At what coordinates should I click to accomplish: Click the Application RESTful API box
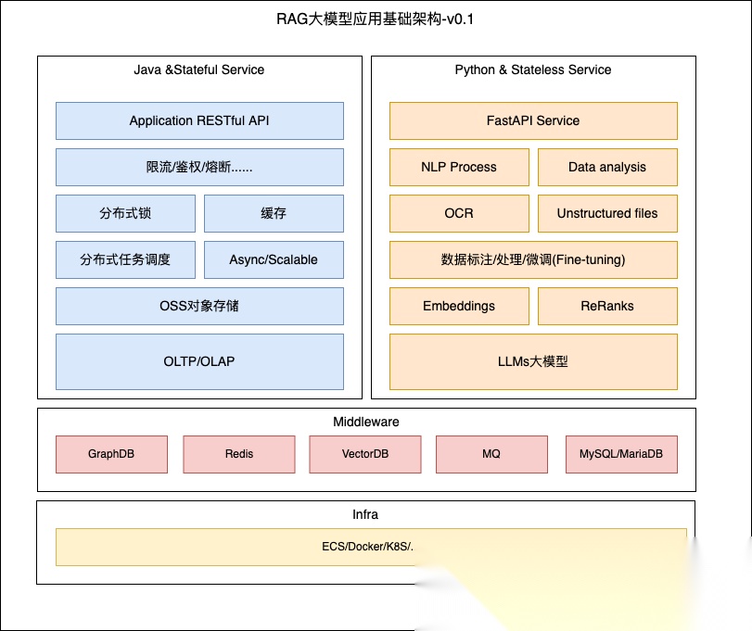[x=199, y=120]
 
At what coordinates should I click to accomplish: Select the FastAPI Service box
[x=533, y=120]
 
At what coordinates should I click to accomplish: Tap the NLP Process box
[x=459, y=167]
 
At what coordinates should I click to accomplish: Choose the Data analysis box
[x=607, y=167]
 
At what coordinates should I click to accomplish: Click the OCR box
[x=459, y=213]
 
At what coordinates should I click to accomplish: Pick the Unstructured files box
[x=607, y=213]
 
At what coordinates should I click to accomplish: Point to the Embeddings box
[x=459, y=306]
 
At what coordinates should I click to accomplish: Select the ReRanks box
[x=607, y=306]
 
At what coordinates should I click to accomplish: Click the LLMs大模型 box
[x=533, y=360]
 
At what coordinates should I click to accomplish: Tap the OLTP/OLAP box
[x=199, y=360]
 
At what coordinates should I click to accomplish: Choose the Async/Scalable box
[x=274, y=259]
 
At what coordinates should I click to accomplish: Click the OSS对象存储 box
[x=199, y=306]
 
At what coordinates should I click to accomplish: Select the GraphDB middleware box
[x=112, y=454]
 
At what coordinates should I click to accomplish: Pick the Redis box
[x=239, y=454]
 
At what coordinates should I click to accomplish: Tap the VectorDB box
[x=365, y=454]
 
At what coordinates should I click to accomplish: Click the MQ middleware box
[x=491, y=454]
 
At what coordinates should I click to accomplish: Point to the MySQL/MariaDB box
[x=621, y=454]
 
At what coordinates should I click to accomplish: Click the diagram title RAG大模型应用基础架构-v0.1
[x=376, y=19]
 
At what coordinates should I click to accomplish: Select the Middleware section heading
[x=366, y=422]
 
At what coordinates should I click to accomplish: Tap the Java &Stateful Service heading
[x=199, y=69]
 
